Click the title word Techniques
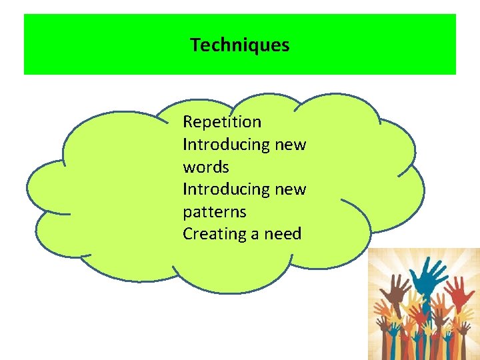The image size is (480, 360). pos(239,45)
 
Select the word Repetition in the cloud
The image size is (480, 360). pos(222,122)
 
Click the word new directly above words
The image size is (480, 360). pos(290,145)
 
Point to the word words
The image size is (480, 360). pos(205,167)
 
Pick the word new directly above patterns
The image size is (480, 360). pos(290,189)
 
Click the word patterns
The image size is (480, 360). pos(214,212)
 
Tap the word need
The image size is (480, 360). pos(283,234)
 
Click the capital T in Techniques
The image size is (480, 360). pos(195,45)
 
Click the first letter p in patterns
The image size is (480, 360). pos(187,213)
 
